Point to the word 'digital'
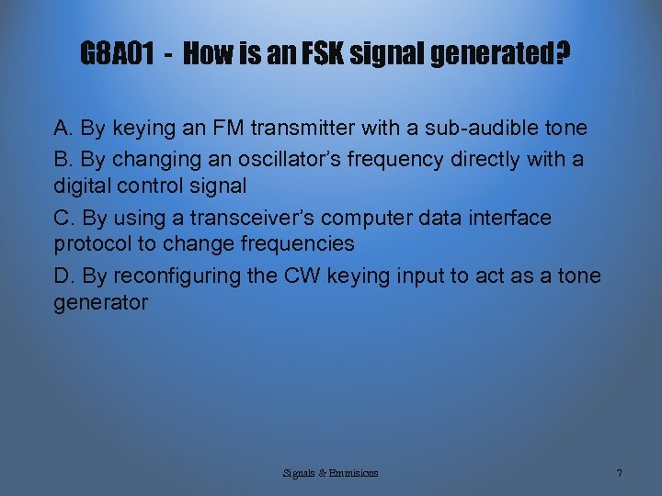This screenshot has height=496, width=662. pyautogui.click(x=84, y=185)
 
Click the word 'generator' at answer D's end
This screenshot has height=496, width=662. pyautogui.click(x=100, y=302)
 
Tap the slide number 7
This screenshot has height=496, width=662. pyautogui.click(x=620, y=473)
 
